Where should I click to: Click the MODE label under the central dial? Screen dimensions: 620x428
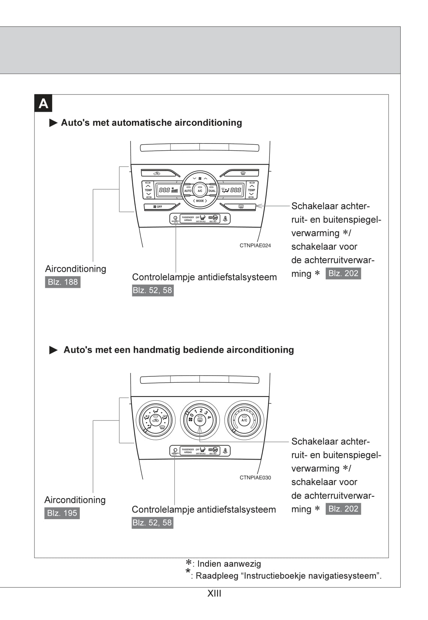pyautogui.click(x=200, y=201)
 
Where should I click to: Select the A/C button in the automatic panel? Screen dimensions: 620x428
pyautogui.click(x=200, y=190)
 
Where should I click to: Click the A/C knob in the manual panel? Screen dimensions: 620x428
pyautogui.click(x=244, y=420)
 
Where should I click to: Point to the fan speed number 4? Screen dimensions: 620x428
pyautogui.click(x=209, y=417)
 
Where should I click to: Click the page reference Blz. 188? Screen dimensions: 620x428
pyautogui.click(x=63, y=282)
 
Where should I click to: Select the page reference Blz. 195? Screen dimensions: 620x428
pyautogui.click(x=62, y=513)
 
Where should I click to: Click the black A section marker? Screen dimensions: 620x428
pyautogui.click(x=43, y=103)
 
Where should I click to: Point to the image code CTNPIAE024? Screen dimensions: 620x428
pyautogui.click(x=255, y=246)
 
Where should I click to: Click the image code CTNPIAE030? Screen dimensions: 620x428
pyautogui.click(x=255, y=478)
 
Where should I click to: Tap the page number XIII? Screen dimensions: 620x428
pyautogui.click(x=214, y=593)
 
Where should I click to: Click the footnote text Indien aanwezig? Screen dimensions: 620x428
pyautogui.click(x=229, y=563)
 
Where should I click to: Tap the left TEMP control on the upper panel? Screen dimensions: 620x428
pyautogui.click(x=148, y=190)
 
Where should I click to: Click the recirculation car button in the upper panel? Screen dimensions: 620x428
pyautogui.click(x=157, y=173)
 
